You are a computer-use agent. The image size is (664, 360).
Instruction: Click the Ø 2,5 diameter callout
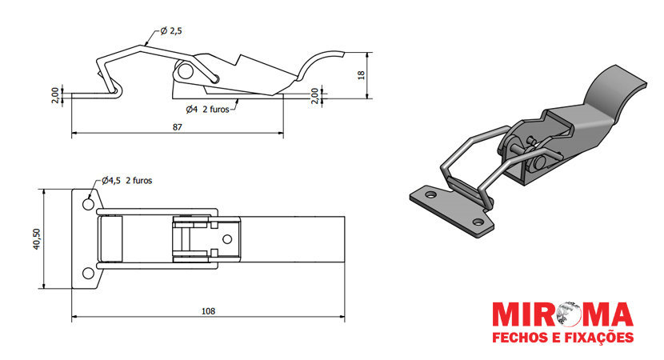click(171, 31)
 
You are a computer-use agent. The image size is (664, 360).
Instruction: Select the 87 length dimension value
click(178, 127)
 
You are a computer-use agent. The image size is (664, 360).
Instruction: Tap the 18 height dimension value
click(362, 75)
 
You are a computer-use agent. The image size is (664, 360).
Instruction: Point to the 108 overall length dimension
click(208, 311)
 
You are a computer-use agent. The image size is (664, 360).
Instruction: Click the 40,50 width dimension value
click(37, 239)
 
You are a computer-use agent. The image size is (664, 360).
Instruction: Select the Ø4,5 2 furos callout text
click(126, 181)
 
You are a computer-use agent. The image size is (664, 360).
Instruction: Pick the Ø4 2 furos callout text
click(207, 110)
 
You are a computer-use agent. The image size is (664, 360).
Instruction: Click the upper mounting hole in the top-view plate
click(88, 204)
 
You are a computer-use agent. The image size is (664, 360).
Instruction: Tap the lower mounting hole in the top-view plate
click(88, 273)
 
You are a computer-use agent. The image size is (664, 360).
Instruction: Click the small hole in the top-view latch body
click(227, 239)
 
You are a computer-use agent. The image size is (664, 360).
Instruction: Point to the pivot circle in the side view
click(184, 71)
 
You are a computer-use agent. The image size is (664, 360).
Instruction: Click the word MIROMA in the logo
click(562, 315)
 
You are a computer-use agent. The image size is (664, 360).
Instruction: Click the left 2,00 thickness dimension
click(55, 96)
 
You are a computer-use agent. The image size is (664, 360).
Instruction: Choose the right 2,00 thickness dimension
click(314, 96)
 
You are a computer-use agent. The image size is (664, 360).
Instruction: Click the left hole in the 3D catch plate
click(430, 195)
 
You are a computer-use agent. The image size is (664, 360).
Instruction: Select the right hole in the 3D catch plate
click(478, 222)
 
